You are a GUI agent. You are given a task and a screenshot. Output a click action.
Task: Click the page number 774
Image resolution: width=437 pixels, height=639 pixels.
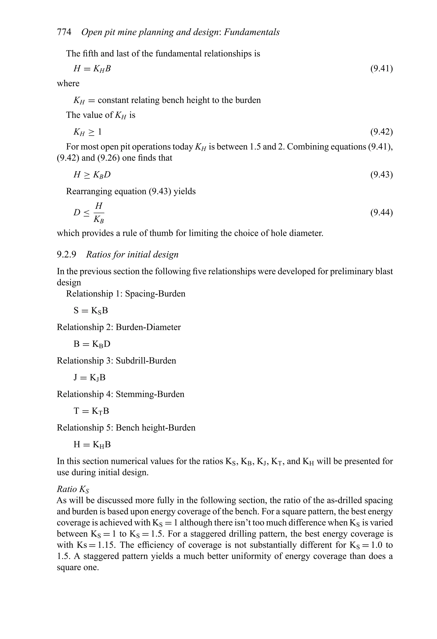point(64,32)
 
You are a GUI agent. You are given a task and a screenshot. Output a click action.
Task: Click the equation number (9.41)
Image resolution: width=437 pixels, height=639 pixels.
point(381,69)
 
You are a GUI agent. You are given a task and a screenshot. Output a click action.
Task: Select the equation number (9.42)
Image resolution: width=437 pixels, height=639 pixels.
point(381,132)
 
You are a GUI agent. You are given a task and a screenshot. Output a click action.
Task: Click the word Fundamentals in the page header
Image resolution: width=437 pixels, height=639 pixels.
point(252,32)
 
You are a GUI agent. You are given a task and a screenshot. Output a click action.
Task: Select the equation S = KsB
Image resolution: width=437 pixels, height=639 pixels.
point(91,310)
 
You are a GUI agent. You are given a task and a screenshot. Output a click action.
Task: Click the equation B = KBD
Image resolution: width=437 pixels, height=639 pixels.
point(92,344)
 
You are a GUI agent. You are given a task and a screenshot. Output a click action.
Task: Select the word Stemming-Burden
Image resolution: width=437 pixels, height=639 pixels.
point(150,394)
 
